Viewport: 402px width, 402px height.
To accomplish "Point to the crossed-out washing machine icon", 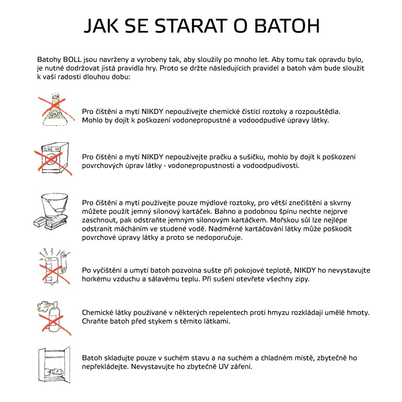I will pos(53,157).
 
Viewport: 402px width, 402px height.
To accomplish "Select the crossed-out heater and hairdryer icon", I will pos(53,265).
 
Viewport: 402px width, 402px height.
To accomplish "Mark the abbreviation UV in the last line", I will pos(228,366).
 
